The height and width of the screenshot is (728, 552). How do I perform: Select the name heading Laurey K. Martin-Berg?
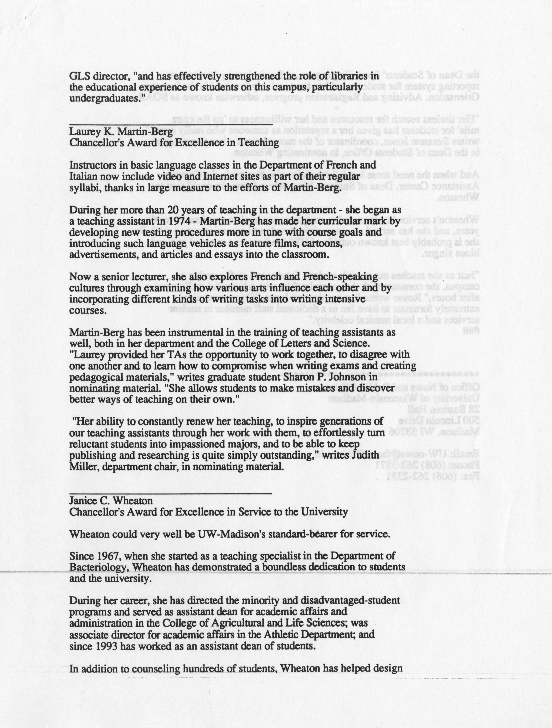121,132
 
